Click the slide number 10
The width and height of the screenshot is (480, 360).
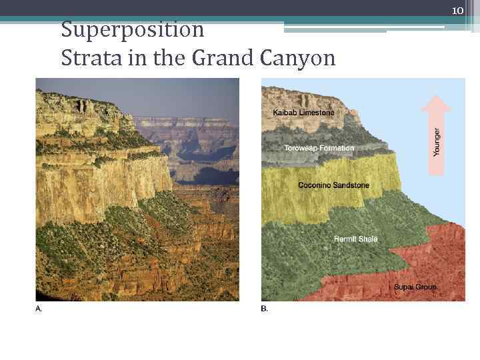457,11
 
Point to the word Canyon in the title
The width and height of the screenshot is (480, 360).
297,59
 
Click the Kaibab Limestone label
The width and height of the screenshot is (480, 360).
303,113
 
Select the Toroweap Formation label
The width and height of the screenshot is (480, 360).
319,147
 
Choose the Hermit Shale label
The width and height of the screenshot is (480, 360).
355,239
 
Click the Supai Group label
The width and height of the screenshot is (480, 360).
415,287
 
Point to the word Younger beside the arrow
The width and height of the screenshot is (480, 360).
437,142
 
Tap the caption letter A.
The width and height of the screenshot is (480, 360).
38,309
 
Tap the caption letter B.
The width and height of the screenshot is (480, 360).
264,309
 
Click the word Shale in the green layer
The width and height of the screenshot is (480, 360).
367,239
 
